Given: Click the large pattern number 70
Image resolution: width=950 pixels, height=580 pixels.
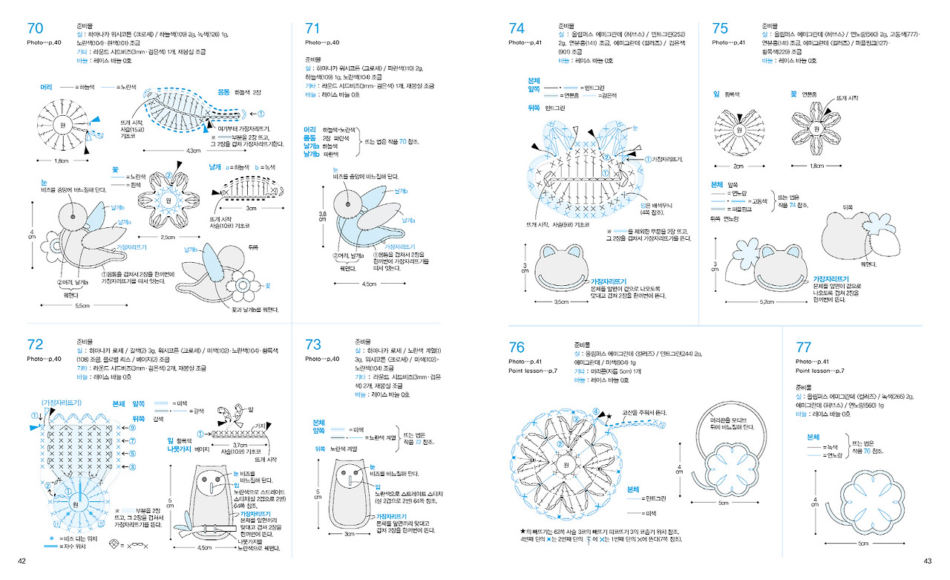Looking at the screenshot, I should (x=35, y=29).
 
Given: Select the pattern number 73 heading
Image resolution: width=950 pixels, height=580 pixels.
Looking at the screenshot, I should (x=313, y=345).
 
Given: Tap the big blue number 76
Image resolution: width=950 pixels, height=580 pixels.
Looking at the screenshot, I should (x=517, y=348).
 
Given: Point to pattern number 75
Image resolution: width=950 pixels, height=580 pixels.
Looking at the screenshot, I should (x=720, y=28).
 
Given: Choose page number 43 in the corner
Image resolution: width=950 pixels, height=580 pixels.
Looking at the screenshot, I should (x=927, y=561).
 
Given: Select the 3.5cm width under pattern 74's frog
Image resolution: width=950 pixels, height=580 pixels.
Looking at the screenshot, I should (x=561, y=302).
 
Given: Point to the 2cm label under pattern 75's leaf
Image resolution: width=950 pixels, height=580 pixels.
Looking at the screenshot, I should (x=738, y=166).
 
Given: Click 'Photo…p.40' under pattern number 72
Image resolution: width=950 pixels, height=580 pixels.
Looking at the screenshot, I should (x=44, y=359).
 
